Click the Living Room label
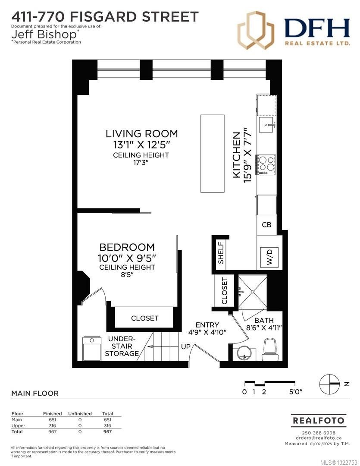click(142, 133)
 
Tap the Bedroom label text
click(127, 247)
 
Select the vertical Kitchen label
click(236, 154)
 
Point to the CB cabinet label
click(266, 225)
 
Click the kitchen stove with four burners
click(266, 164)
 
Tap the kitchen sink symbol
click(267, 126)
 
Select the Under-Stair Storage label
click(122, 346)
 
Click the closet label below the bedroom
click(145, 318)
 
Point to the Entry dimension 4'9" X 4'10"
click(207, 332)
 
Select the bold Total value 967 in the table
click(107, 431)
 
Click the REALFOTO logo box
click(319, 420)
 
